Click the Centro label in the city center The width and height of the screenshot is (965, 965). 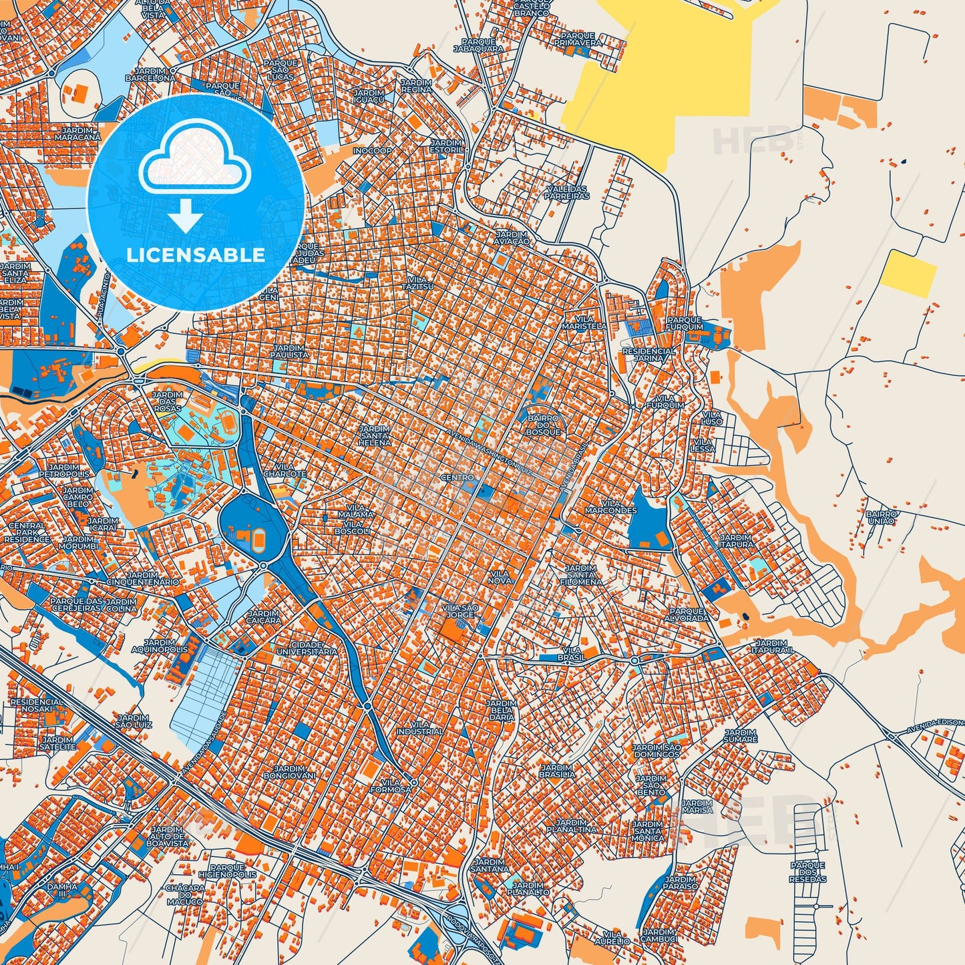click(x=457, y=477)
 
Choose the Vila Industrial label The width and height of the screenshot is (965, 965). click(x=419, y=727)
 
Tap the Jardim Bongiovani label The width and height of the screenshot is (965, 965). click(x=290, y=771)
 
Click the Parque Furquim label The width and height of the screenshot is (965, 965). click(x=685, y=323)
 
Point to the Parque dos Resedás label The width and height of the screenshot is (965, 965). click(x=808, y=872)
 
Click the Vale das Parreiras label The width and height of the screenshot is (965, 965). click(x=567, y=192)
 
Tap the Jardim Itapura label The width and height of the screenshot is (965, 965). click(x=737, y=540)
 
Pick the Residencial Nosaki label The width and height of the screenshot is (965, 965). click(x=37, y=707)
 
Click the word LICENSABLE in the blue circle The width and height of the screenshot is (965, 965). click(x=196, y=255)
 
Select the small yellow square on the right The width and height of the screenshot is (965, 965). click(x=908, y=274)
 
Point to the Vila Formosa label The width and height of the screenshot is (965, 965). click(x=395, y=785)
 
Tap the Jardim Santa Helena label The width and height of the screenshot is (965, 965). click(x=375, y=435)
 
